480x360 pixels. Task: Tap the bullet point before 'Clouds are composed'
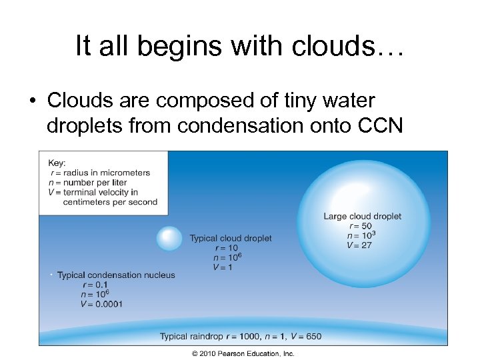pyautogui.click(x=32, y=101)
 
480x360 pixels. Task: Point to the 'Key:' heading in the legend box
pyautogui.click(x=57, y=163)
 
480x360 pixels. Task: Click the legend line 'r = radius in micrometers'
pyautogui.click(x=99, y=173)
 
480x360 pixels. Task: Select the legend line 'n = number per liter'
pyautogui.click(x=89, y=183)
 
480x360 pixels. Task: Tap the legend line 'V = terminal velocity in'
pyautogui.click(x=93, y=193)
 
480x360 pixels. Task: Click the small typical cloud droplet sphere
pyautogui.click(x=169, y=239)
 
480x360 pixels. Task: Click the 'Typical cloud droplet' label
pyautogui.click(x=231, y=239)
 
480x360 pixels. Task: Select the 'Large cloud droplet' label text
pyautogui.click(x=363, y=216)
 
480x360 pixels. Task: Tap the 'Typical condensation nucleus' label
pyautogui.click(x=116, y=275)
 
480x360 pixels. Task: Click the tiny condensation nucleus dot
pyautogui.click(x=51, y=275)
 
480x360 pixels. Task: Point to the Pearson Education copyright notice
pyautogui.click(x=243, y=353)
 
